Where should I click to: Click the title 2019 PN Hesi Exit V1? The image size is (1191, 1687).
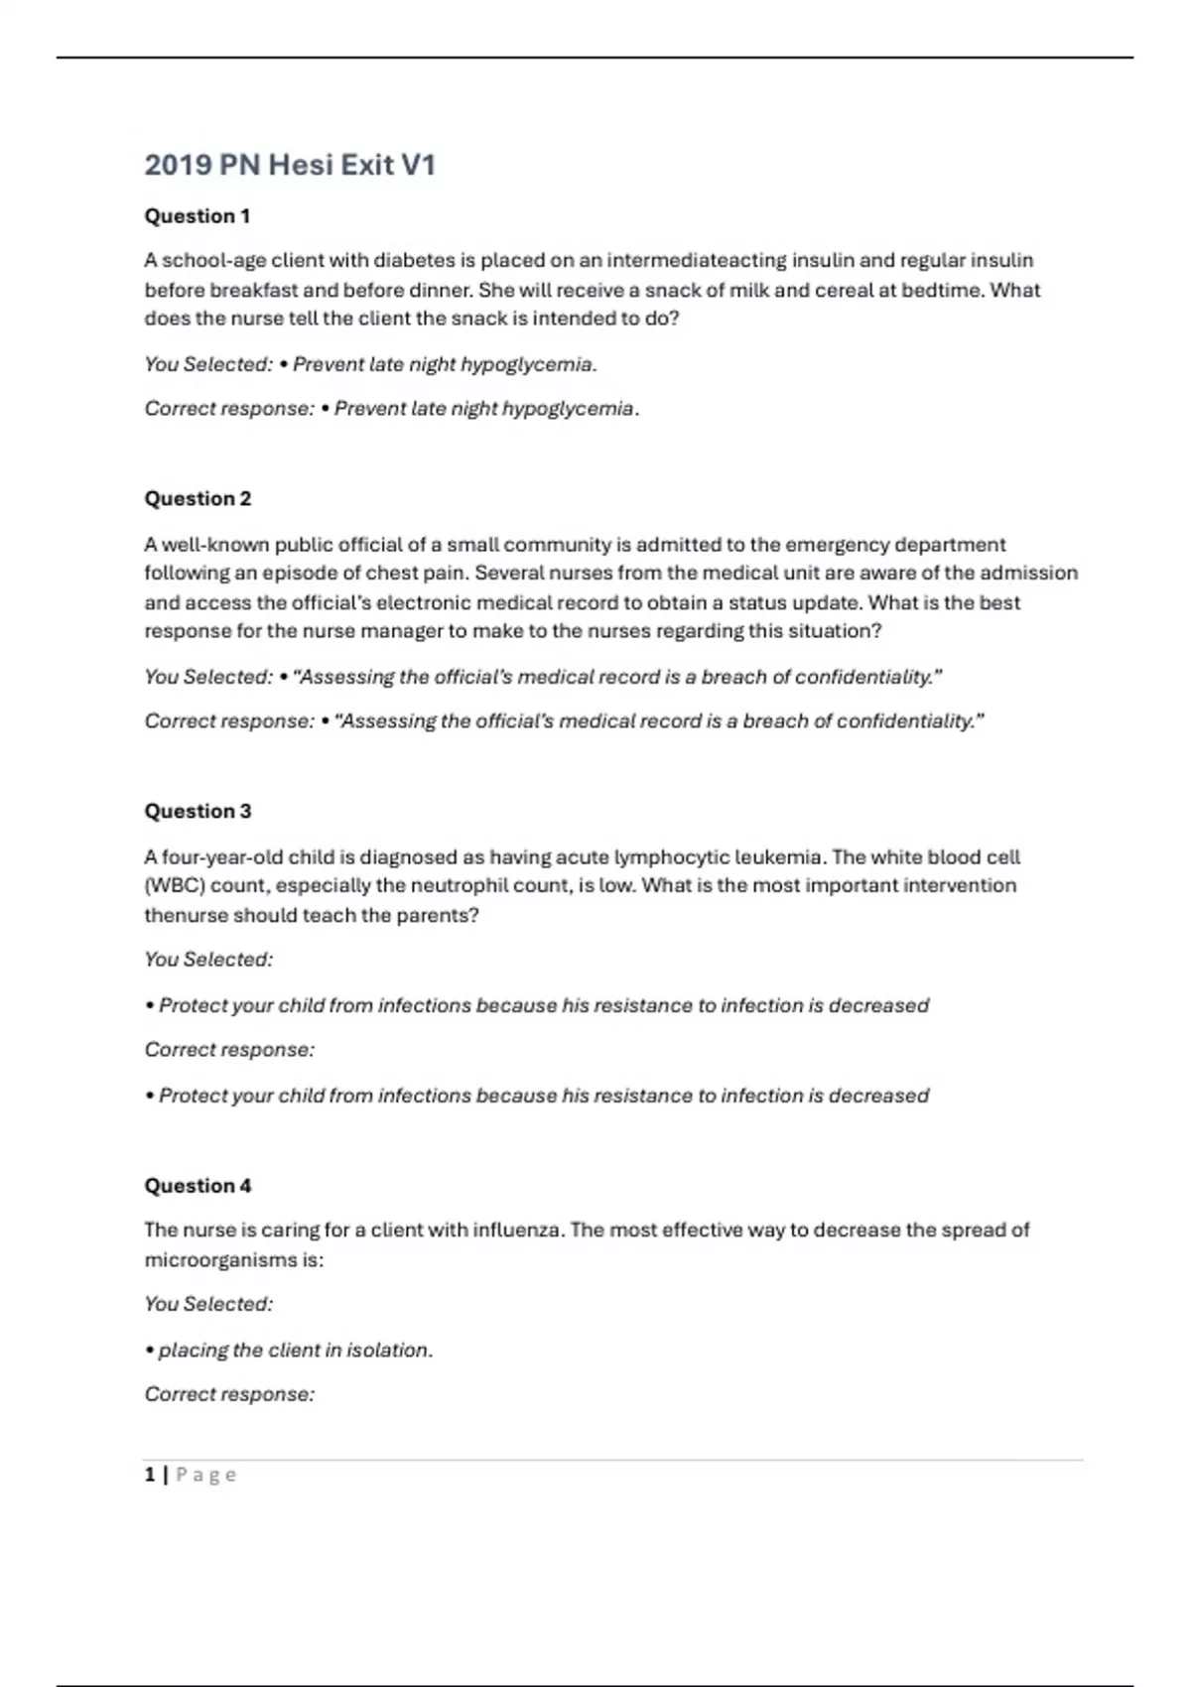click(290, 165)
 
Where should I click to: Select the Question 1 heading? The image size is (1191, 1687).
click(198, 216)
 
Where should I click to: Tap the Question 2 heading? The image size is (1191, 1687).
click(198, 499)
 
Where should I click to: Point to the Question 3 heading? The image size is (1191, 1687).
click(198, 812)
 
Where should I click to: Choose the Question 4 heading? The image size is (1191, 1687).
click(198, 1186)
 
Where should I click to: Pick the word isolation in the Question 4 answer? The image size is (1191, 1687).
click(389, 1351)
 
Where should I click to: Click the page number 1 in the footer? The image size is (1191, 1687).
click(150, 1476)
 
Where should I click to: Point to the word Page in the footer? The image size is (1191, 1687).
click(206, 1476)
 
